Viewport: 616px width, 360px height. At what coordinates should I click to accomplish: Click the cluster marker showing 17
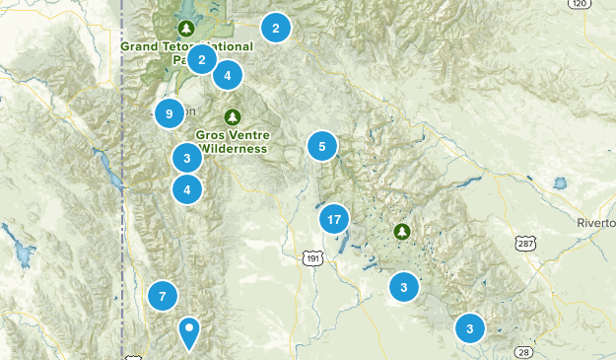coord(334,219)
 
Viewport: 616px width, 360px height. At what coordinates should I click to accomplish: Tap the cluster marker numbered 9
coord(170,114)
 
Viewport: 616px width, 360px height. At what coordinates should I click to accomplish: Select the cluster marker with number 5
coord(321,147)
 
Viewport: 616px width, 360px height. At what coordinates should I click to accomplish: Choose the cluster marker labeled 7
coord(163,294)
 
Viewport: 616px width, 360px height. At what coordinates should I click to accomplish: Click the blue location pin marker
coord(189,332)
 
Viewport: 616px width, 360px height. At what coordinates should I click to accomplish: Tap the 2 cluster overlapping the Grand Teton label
coord(201,60)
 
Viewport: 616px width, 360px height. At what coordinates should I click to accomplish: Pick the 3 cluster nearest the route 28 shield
coord(470,328)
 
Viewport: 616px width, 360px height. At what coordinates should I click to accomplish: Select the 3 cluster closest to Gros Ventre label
coord(186,157)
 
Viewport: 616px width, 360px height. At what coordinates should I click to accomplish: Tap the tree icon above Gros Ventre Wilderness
coord(232,114)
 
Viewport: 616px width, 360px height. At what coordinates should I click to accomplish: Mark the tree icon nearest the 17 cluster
coord(401,231)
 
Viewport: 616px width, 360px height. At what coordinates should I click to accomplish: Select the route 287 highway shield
coord(524,242)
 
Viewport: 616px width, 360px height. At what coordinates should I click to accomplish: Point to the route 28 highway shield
coord(522,351)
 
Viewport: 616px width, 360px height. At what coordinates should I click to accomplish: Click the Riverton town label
coord(596,224)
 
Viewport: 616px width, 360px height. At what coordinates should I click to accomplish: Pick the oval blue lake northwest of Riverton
coord(561,183)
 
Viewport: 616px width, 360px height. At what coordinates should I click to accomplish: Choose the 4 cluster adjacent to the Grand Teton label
coord(228,74)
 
